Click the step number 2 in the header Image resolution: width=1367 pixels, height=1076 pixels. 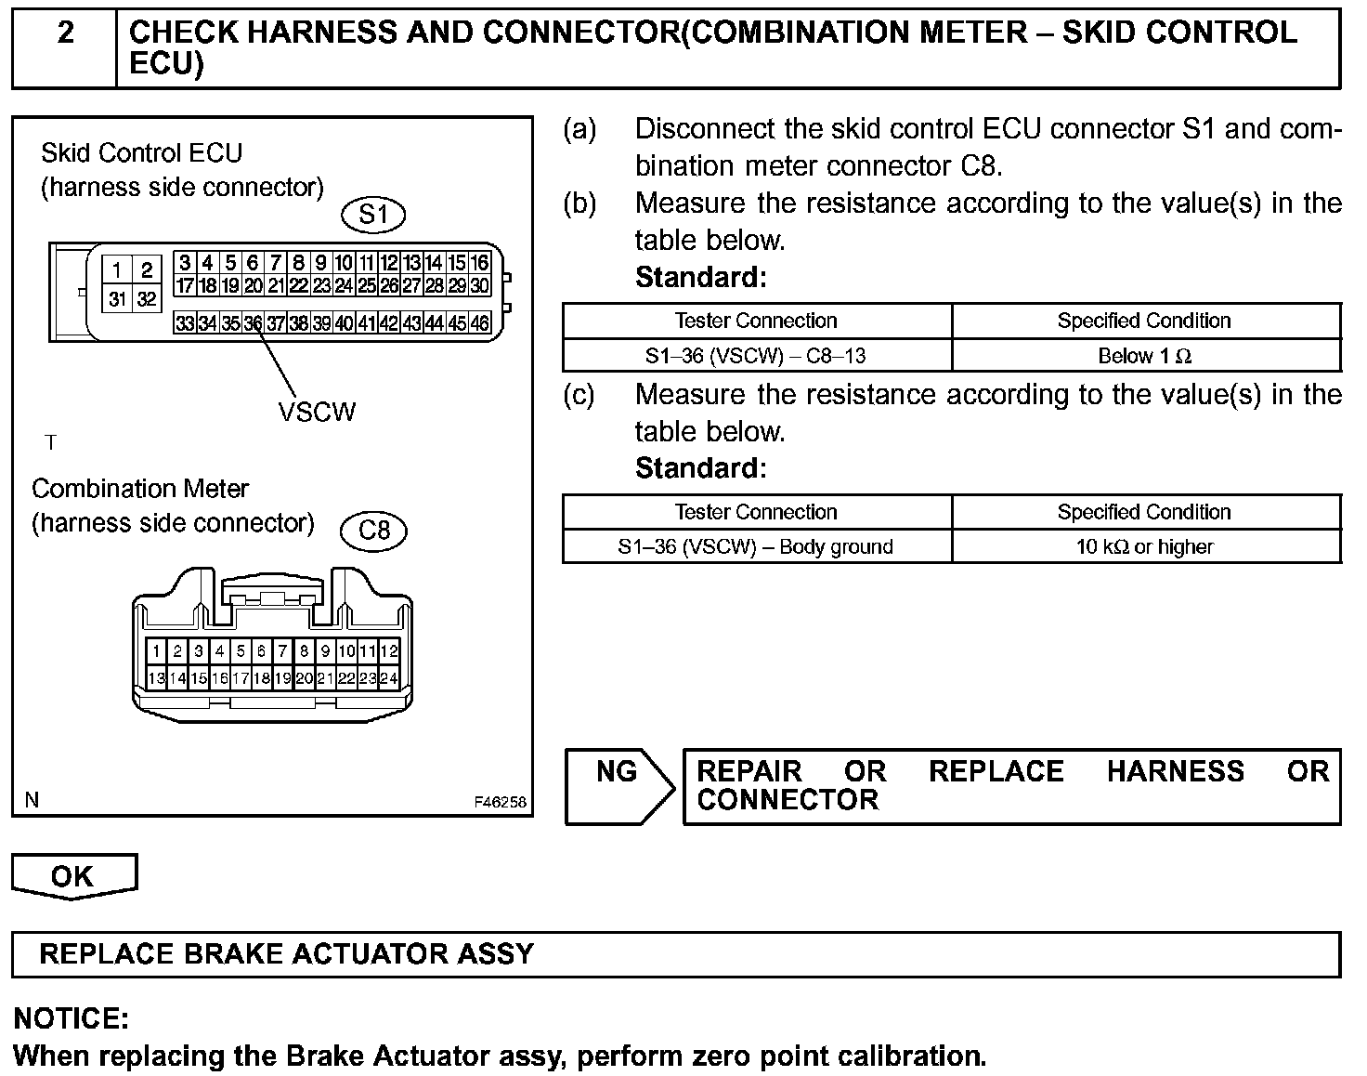[65, 33]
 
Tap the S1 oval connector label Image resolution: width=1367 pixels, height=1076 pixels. [373, 216]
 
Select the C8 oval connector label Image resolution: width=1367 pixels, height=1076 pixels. [373, 531]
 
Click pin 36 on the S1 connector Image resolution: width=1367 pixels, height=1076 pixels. [253, 324]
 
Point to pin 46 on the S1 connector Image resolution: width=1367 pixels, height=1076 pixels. [479, 324]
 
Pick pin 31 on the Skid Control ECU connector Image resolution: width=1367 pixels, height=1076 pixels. [117, 299]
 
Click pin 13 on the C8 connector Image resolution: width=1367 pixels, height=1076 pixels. [156, 678]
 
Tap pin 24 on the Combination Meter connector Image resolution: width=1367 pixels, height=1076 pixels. [389, 678]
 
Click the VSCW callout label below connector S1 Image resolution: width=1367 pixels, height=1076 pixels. [317, 412]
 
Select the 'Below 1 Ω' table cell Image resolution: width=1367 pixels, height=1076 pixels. [1145, 356]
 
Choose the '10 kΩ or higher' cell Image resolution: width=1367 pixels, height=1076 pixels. [1145, 547]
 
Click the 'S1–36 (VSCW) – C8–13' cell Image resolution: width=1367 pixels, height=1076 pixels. [756, 356]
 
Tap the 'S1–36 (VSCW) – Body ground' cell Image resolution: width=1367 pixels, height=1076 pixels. [756, 547]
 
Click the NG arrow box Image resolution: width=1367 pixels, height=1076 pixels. [619, 786]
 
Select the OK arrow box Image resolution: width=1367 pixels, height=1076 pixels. [73, 876]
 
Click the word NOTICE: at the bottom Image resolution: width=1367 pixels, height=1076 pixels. [72, 1019]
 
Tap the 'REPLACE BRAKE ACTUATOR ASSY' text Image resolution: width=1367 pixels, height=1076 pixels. [287, 954]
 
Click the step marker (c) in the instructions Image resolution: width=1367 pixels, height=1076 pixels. [579, 395]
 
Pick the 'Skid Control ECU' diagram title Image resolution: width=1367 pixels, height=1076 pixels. [141, 153]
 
